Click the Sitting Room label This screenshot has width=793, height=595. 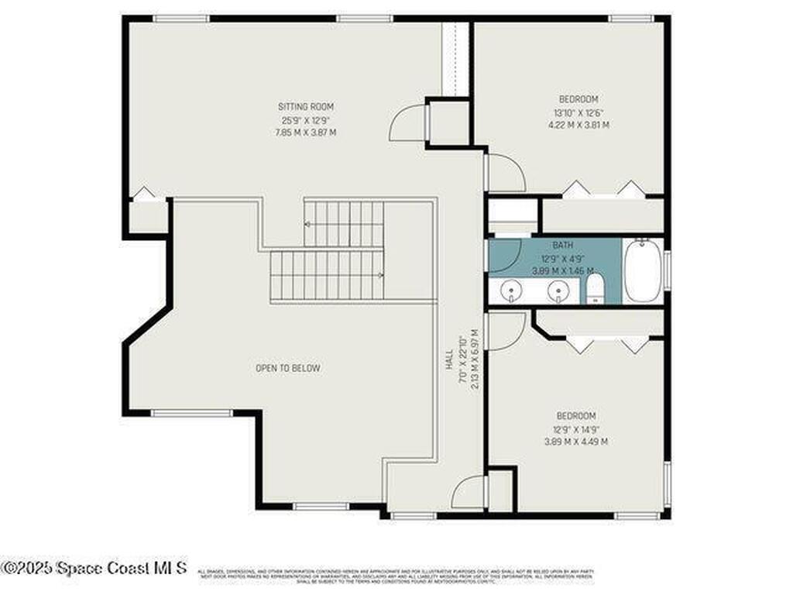tap(306, 106)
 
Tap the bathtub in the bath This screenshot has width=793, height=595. tap(643, 270)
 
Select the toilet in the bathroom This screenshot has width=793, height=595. tap(595, 289)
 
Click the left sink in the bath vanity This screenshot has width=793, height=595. tap(510, 291)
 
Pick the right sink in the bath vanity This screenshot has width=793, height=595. tap(558, 291)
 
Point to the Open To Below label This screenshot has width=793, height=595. tap(287, 368)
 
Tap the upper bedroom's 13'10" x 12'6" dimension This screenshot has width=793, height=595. tap(578, 112)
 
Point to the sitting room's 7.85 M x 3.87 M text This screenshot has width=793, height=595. tap(306, 132)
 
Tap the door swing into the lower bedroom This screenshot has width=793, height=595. tap(505, 330)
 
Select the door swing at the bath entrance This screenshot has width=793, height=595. tap(503, 255)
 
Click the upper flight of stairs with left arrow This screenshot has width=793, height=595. tap(344, 224)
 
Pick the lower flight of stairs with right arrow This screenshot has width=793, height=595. tap(326, 274)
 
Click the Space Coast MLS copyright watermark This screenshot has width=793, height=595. tap(94, 567)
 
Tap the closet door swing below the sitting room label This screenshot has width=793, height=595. tap(407, 124)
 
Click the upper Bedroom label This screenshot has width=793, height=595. tap(578, 99)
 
